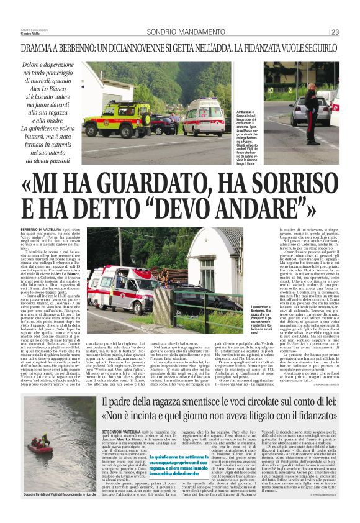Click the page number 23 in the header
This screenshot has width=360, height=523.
tap(335, 33)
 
